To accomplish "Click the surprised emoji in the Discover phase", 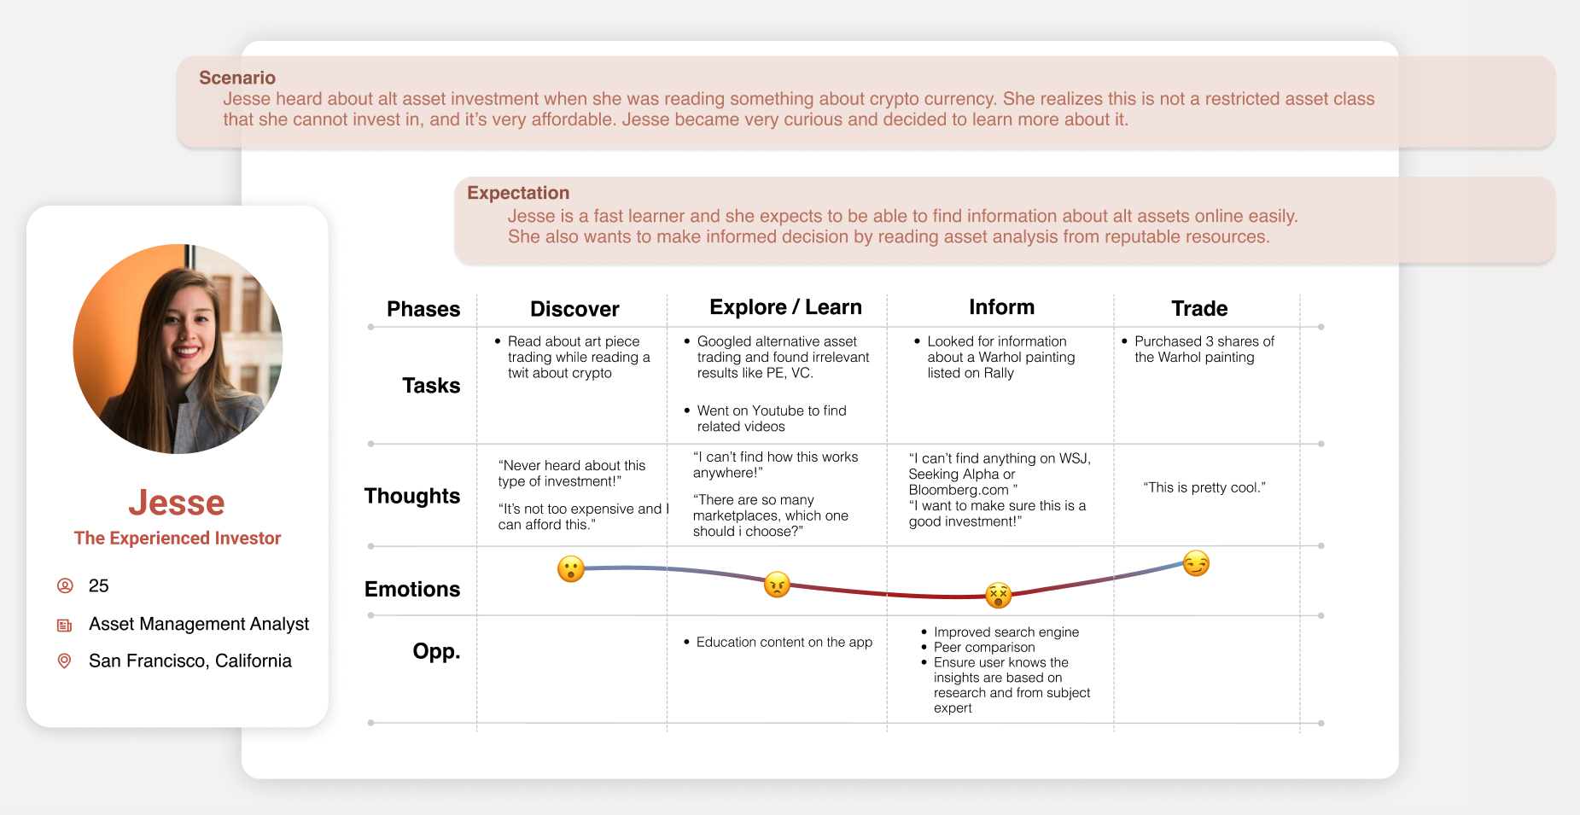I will pos(571,568).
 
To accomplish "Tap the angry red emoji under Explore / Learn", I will pos(777,585).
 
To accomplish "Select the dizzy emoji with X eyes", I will pos(998,595).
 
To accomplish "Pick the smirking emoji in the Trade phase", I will pos(1196,563).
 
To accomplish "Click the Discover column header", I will pos(574,309).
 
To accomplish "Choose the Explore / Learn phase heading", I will pos(785,307).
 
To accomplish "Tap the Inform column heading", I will pos(1001,307).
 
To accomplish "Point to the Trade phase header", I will pos(1199,309).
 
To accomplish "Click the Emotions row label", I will pos(412,589).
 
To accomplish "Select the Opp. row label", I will pos(436,652).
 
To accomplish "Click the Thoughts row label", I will pos(412,496).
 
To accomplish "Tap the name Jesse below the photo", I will pos(177,503).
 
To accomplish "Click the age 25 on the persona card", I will pos(99,586).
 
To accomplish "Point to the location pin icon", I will pos(64,661).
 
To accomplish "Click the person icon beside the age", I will pos(65,585).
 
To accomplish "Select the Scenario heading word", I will pos(237,78).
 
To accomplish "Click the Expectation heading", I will pos(518,193).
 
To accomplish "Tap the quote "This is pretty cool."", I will pos(1204,487).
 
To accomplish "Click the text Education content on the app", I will pos(784,642).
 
